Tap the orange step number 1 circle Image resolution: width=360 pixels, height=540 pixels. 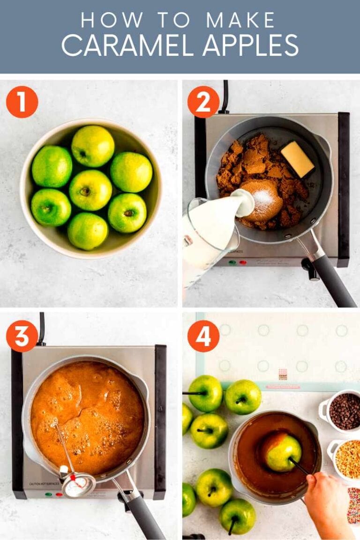click(22, 102)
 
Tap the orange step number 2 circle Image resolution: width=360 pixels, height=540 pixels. click(203, 102)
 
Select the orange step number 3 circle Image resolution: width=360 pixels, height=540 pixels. click(22, 336)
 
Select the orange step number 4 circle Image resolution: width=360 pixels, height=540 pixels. click(203, 336)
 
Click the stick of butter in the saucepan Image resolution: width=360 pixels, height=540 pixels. click(297, 159)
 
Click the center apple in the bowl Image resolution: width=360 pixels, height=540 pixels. click(90, 190)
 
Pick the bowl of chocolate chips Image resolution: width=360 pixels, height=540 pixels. click(344, 411)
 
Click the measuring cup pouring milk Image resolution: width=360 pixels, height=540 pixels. click(209, 234)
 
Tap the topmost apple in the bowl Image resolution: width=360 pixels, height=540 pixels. click(93, 146)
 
